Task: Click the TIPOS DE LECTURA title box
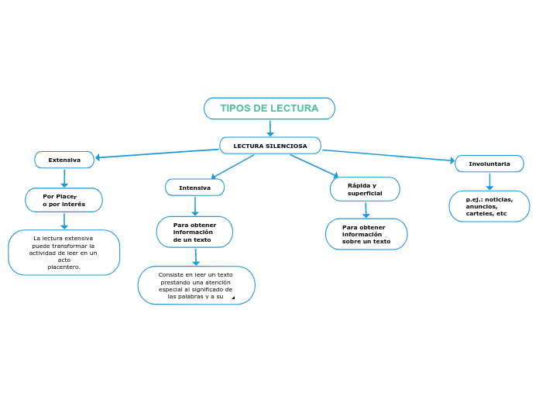click(x=269, y=108)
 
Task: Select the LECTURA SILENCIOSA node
click(x=269, y=146)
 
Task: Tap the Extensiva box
click(x=64, y=160)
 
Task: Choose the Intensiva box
click(x=194, y=188)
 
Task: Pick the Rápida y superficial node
click(x=365, y=189)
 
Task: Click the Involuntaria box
click(x=489, y=164)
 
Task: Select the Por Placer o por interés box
click(x=64, y=200)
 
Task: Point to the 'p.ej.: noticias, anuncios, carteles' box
click(x=489, y=206)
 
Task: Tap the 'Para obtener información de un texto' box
click(x=194, y=232)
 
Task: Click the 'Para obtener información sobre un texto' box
click(x=366, y=234)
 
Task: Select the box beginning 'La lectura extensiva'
click(x=64, y=253)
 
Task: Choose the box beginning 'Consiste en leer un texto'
click(x=196, y=285)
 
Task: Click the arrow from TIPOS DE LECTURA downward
click(x=270, y=129)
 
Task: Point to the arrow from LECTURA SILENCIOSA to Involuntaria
click(x=387, y=156)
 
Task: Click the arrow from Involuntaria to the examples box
click(x=489, y=182)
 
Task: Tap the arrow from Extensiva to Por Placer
click(x=64, y=178)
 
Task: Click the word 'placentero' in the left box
click(x=63, y=267)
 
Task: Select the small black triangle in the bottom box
click(x=233, y=298)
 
